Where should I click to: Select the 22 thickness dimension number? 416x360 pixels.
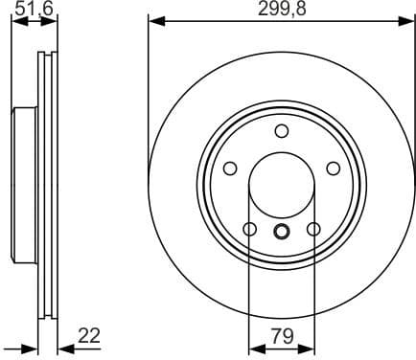tap(89, 336)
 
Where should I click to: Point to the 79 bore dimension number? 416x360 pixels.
tap(282, 336)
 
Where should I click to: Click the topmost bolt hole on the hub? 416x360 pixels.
tap(282, 132)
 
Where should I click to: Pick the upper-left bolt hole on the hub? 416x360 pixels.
tap(230, 169)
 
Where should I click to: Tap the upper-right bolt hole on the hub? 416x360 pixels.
tap(334, 169)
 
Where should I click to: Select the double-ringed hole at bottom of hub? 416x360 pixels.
tap(282, 230)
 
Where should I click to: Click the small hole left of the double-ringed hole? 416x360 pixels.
tap(250, 230)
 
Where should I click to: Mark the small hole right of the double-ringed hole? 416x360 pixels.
tap(313, 230)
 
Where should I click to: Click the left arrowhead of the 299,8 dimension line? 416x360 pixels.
tap(152, 20)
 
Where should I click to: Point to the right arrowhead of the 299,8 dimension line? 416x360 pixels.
tap(410, 20)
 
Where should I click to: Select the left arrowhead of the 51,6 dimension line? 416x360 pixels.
tap(15, 20)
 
